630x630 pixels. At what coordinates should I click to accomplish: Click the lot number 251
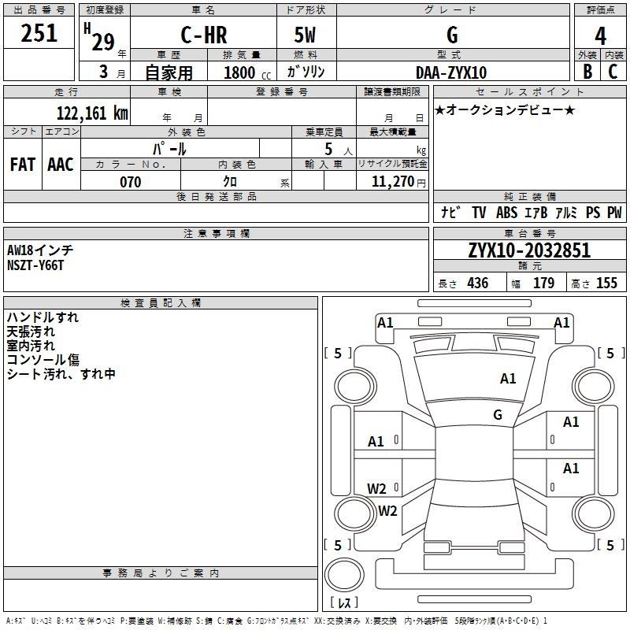39,33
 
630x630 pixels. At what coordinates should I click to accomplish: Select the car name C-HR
204,35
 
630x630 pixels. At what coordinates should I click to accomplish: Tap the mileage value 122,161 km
92,113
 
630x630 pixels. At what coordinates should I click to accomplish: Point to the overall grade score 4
600,36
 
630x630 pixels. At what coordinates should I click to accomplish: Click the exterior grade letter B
587,72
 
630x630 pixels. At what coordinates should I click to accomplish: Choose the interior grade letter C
613,72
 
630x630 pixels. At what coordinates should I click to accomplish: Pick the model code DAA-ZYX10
451,72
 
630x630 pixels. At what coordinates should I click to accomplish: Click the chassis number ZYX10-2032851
529,250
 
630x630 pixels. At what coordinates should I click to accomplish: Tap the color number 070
131,182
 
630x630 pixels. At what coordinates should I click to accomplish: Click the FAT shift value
23,165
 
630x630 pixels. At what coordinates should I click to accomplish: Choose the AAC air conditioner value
61,165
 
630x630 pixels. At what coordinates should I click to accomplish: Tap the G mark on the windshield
498,415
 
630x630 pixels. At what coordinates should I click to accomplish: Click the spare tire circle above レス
344,575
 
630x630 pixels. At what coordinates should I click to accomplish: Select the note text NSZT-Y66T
35,265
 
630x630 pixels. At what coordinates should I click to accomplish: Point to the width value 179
543,283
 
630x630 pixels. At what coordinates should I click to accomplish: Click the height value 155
606,283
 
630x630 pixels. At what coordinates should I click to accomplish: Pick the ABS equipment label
506,213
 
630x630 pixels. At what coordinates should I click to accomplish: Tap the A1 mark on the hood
508,379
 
